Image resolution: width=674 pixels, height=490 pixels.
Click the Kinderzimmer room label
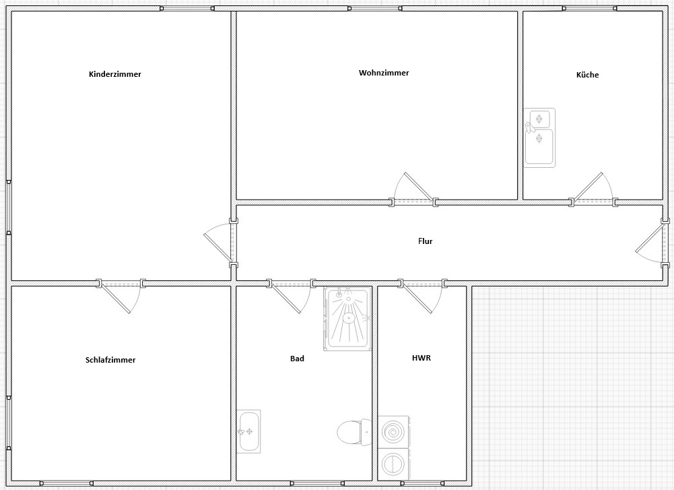[x=114, y=74]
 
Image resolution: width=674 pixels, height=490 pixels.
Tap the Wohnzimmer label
[x=384, y=73]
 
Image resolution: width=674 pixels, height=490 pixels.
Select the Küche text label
[x=587, y=74]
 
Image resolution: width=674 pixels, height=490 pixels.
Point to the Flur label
[x=425, y=241]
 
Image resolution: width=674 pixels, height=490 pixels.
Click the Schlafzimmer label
[x=110, y=360]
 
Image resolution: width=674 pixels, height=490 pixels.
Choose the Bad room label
[x=297, y=359]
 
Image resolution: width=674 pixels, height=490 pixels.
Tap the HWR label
[x=422, y=357]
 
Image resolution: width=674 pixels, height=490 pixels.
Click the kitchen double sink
[x=539, y=137]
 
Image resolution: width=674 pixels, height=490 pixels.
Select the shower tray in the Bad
[x=347, y=319]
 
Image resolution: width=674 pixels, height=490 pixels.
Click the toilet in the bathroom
[x=354, y=432]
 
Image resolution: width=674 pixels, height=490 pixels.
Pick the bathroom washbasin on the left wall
[x=248, y=431]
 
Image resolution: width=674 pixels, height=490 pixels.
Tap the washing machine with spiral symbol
[x=394, y=432]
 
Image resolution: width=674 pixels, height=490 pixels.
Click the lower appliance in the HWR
[x=394, y=464]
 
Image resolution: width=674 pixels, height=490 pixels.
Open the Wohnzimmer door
[x=413, y=189]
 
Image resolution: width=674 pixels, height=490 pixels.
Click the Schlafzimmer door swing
[x=121, y=296]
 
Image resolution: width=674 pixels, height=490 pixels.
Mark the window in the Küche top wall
[x=590, y=8]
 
